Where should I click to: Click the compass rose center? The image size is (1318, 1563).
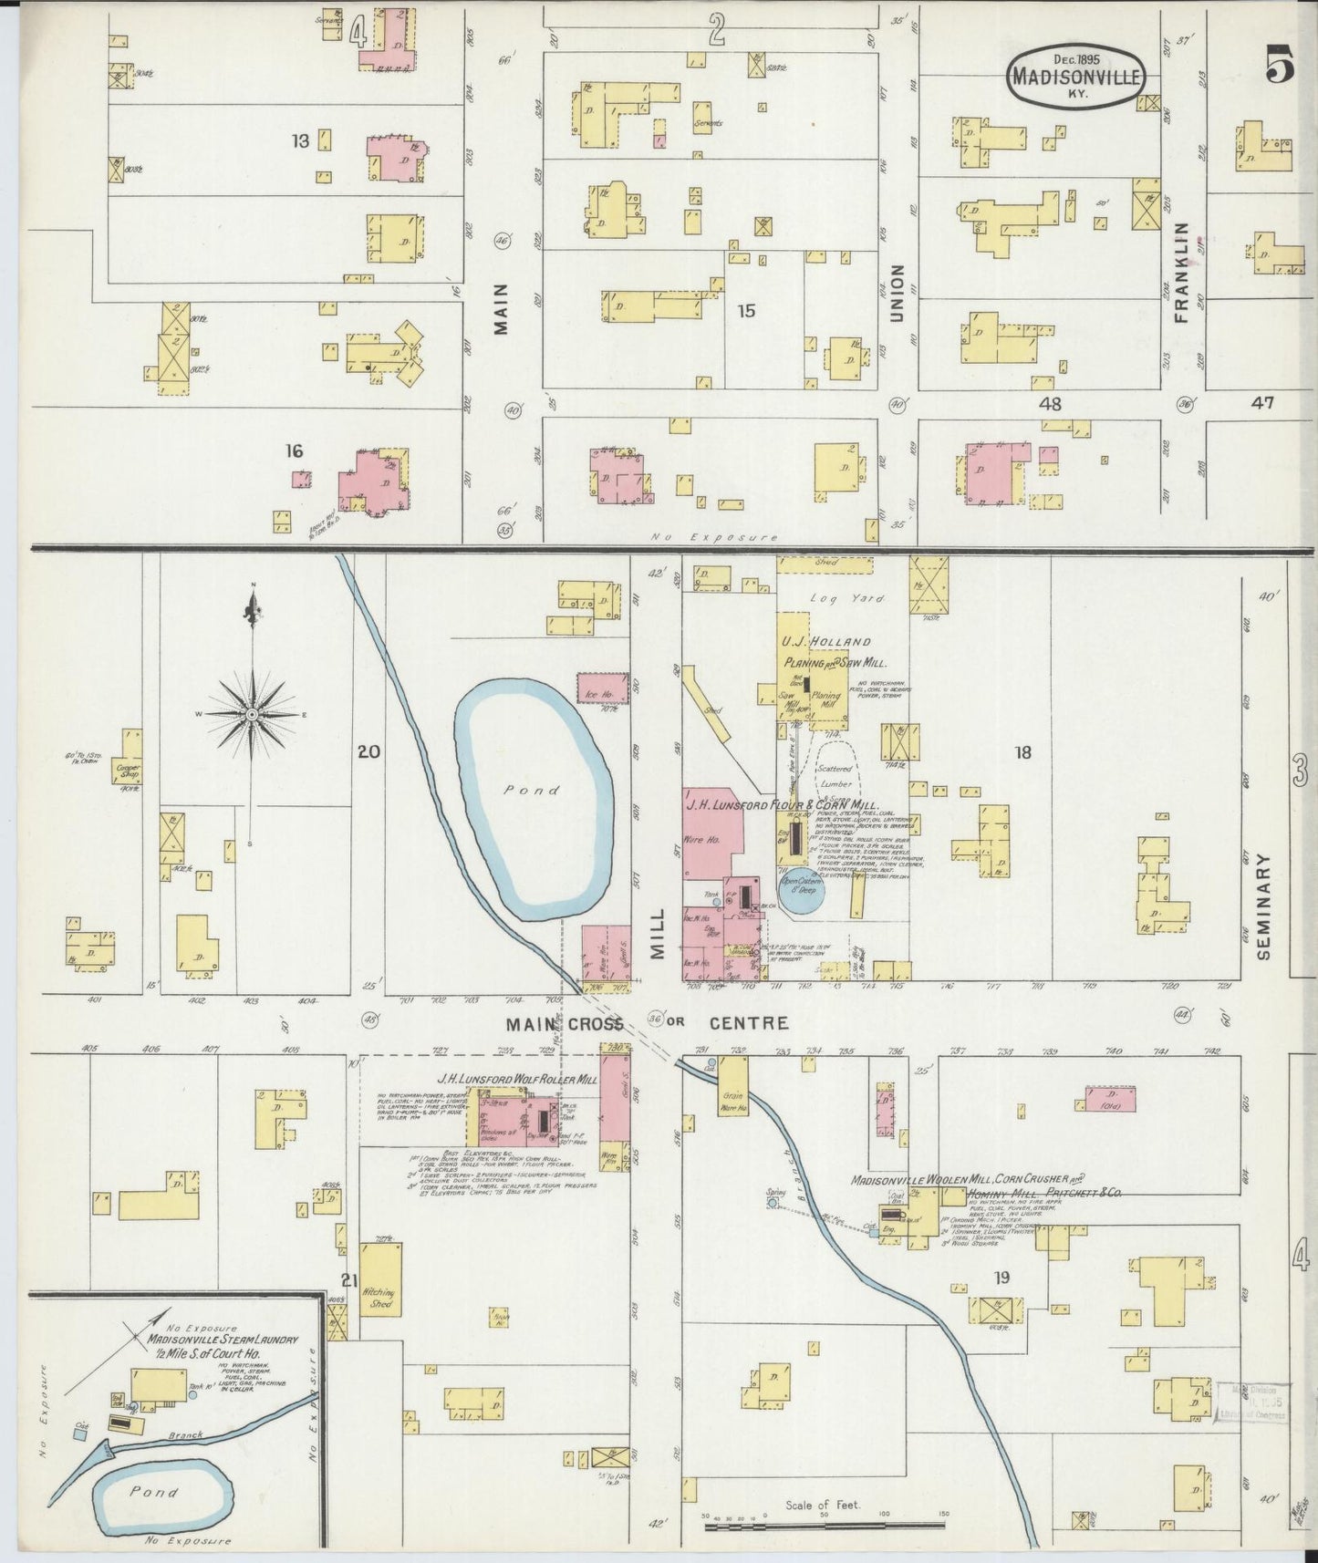[251, 713]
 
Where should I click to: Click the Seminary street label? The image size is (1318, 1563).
[1263, 906]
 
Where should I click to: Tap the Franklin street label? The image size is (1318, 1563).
[1184, 272]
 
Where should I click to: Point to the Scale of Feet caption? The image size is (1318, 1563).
[823, 1505]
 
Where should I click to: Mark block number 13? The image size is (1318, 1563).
[300, 140]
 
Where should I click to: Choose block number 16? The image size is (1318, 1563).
[293, 450]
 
